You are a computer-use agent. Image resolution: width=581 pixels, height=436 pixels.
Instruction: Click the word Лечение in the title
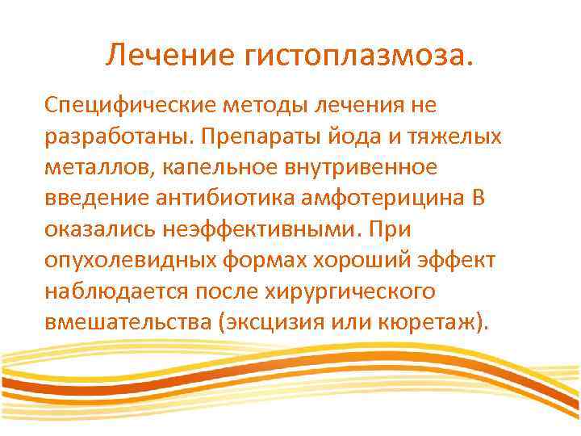165,57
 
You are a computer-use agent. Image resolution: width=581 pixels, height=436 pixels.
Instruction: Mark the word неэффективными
257,229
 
